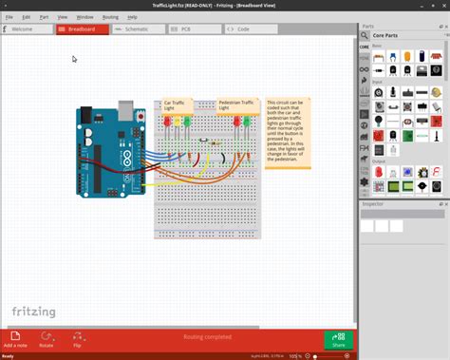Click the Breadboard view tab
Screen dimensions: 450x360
click(82, 29)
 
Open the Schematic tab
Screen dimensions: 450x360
click(138, 29)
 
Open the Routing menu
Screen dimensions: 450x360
click(110, 17)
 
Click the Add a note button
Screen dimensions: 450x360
click(15, 339)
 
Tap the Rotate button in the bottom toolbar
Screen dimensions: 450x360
click(46, 339)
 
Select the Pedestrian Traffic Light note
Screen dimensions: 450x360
click(235, 104)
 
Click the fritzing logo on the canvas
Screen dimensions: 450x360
click(33, 312)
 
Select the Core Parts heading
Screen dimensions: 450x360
click(385, 36)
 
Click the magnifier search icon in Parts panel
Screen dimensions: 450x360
click(365, 36)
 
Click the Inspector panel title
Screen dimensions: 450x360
click(373, 203)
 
